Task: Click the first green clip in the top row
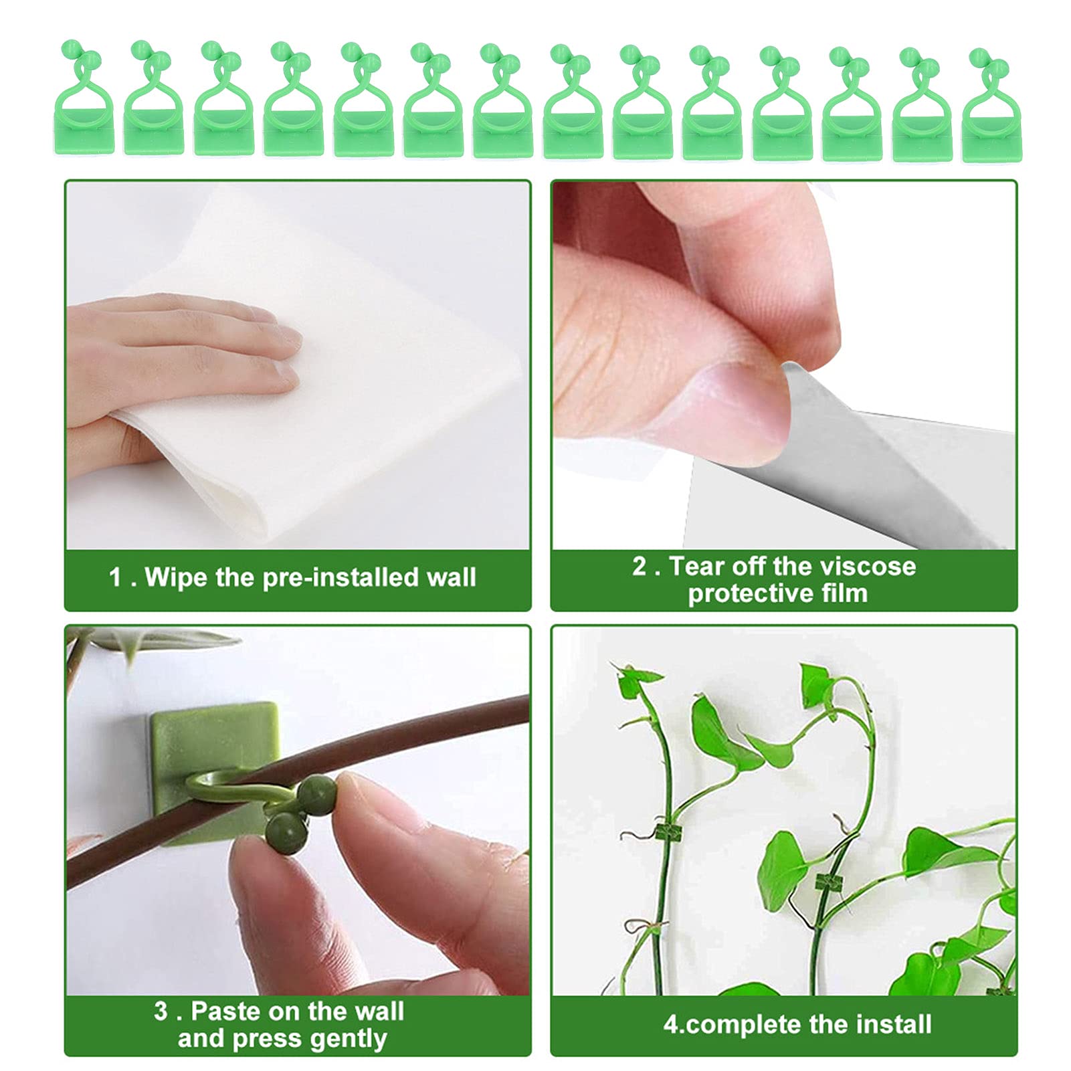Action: pos(84,100)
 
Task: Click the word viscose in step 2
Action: pos(868,566)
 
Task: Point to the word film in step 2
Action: pos(845,593)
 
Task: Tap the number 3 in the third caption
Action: pos(161,1011)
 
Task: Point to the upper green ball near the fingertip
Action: pos(316,795)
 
